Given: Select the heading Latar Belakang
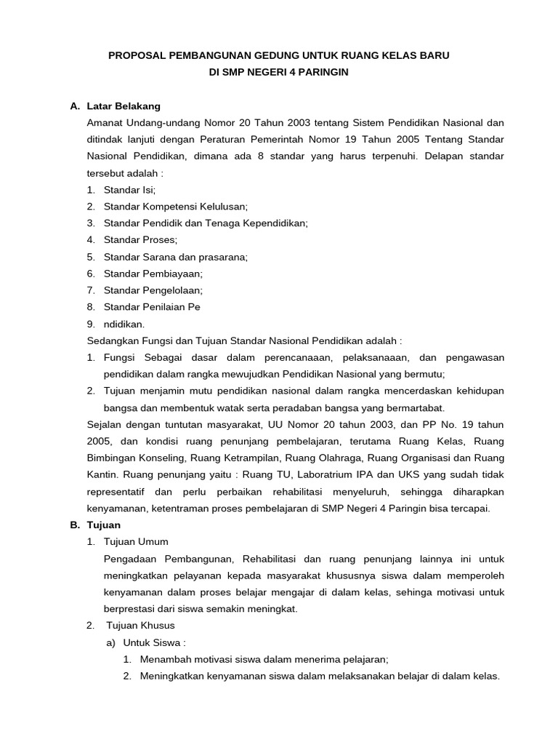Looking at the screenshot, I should pyautogui.click(x=123, y=106).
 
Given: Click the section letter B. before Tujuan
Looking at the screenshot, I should pyautogui.click(x=74, y=525).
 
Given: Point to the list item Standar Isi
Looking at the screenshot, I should pyautogui.click(x=129, y=189).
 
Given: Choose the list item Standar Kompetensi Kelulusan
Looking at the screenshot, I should pyautogui.click(x=176, y=206).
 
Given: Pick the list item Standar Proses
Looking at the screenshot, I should pyautogui.click(x=140, y=239).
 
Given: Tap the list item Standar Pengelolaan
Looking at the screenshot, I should pyautogui.click(x=153, y=290).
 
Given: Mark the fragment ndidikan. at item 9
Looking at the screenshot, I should pyautogui.click(x=124, y=324).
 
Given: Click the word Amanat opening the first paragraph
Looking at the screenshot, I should pyautogui.click(x=105, y=122).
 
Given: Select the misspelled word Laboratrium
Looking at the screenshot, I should pyautogui.click(x=338, y=474).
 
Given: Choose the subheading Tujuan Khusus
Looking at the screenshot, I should pyautogui.click(x=141, y=625).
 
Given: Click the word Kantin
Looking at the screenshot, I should pyautogui.click(x=103, y=474).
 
